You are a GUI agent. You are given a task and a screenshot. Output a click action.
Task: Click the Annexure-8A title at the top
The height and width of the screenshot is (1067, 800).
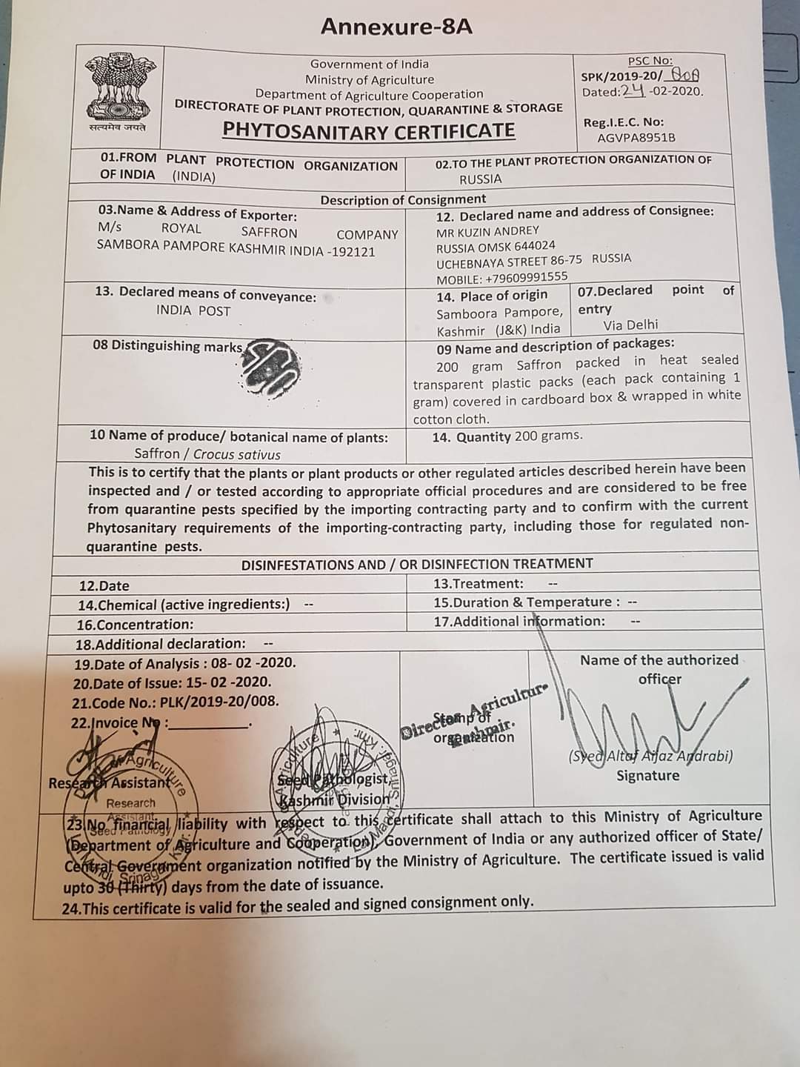point(396,27)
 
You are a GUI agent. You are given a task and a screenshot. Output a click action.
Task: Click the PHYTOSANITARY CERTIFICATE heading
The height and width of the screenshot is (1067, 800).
point(369,130)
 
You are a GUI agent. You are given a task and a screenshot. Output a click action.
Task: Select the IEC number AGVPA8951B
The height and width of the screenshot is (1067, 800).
point(636,138)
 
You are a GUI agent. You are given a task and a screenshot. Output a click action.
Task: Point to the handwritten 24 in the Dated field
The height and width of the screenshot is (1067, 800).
point(633,91)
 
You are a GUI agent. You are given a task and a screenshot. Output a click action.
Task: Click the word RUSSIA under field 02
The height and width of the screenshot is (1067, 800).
point(480,179)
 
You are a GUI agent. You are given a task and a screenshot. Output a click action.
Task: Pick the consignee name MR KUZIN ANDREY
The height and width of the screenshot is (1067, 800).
point(487,230)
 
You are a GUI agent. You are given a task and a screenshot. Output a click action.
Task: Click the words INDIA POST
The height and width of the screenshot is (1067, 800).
point(193,311)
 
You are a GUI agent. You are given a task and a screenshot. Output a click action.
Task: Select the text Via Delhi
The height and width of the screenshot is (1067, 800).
point(630,325)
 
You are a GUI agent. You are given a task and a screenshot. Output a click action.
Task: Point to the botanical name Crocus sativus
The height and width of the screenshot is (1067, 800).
point(236,454)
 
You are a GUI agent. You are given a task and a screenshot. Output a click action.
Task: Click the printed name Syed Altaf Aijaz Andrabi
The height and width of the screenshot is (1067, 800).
point(650,757)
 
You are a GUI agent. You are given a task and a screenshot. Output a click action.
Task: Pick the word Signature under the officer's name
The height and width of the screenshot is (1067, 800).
point(647,776)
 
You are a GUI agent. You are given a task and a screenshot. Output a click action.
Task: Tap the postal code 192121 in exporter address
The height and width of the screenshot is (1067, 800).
point(352,251)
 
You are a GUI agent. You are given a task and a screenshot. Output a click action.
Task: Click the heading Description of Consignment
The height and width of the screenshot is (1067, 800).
point(403,199)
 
